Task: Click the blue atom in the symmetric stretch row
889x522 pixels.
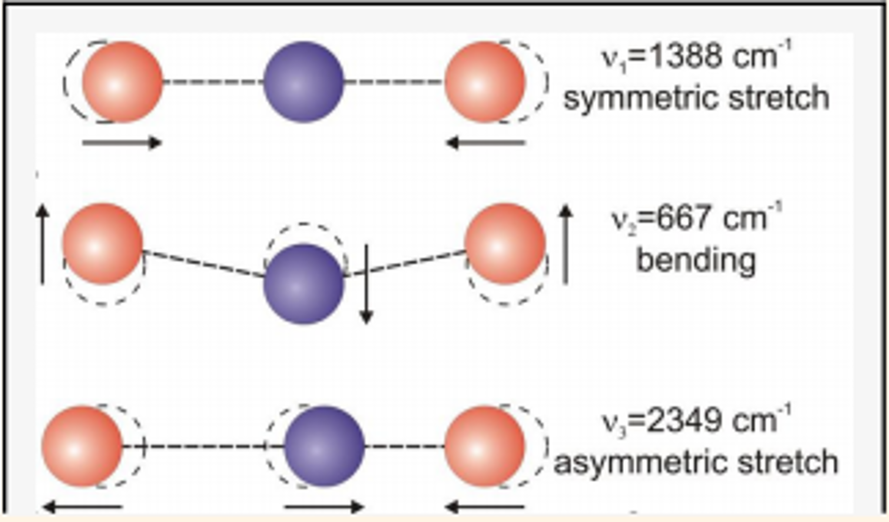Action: click(x=303, y=82)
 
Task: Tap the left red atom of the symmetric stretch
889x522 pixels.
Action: click(x=122, y=82)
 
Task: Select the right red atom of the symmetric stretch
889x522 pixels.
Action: click(x=484, y=82)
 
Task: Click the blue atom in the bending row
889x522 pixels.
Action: click(x=303, y=284)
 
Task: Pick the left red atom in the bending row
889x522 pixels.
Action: click(x=103, y=244)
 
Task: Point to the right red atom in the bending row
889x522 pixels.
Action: click(x=505, y=244)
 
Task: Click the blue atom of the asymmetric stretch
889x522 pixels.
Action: click(x=324, y=446)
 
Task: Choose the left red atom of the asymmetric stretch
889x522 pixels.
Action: click(x=82, y=446)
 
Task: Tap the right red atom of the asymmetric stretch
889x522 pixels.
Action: click(x=484, y=446)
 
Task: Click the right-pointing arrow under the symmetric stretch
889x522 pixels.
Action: click(x=122, y=142)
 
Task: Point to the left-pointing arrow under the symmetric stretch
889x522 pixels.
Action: click(x=486, y=142)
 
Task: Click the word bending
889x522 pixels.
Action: click(x=696, y=261)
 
